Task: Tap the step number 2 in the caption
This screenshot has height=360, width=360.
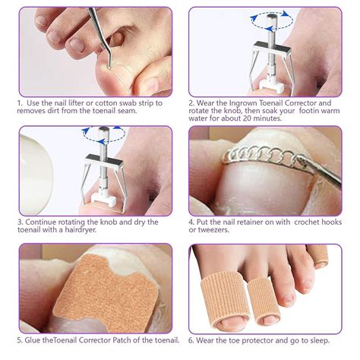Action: [x=192, y=102]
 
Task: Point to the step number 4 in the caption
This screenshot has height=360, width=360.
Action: [x=192, y=222]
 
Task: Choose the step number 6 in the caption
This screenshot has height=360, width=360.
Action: [x=192, y=340]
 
